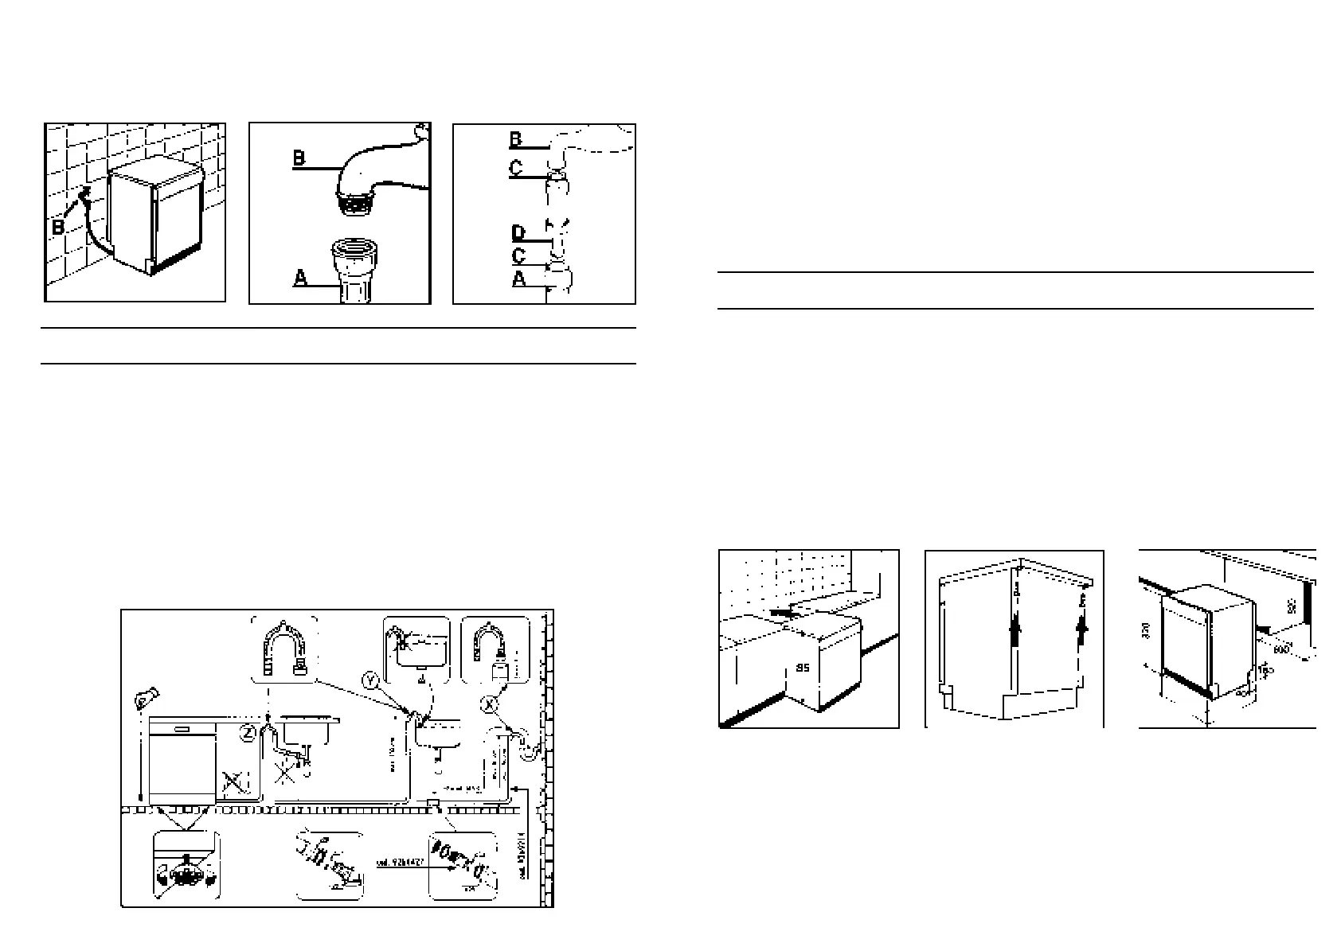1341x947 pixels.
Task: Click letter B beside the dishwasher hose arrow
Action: [x=59, y=228]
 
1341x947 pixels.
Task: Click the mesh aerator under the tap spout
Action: [x=355, y=205]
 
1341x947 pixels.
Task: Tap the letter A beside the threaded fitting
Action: [x=300, y=279]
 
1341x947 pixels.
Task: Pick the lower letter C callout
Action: [x=518, y=256]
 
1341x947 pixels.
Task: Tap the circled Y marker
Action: [x=370, y=680]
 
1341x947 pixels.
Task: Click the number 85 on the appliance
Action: [x=803, y=669]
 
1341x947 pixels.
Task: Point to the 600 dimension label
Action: [x=1281, y=648]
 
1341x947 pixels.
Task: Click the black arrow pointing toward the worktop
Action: [x=784, y=614]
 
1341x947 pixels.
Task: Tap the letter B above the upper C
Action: [x=516, y=141]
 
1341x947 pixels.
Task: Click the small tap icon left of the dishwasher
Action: [x=144, y=700]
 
